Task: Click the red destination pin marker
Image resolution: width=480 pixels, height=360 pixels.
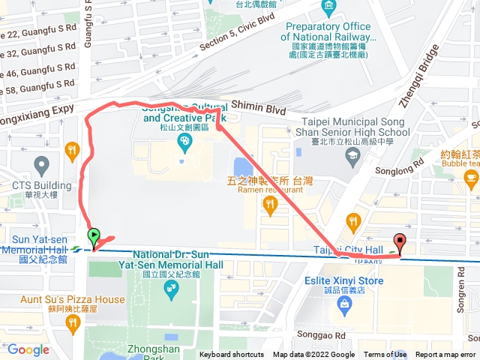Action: [x=400, y=244]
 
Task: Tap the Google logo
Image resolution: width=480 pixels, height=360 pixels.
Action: [x=28, y=349]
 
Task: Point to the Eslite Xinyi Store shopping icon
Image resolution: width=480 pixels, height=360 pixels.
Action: [x=345, y=304]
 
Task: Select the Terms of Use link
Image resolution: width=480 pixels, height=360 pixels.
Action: [x=385, y=355]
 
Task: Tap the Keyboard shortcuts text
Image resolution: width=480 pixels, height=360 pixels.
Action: [x=232, y=355]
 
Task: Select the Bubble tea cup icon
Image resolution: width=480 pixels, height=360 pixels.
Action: [x=470, y=177]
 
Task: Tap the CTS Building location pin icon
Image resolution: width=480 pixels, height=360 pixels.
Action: [x=41, y=163]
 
